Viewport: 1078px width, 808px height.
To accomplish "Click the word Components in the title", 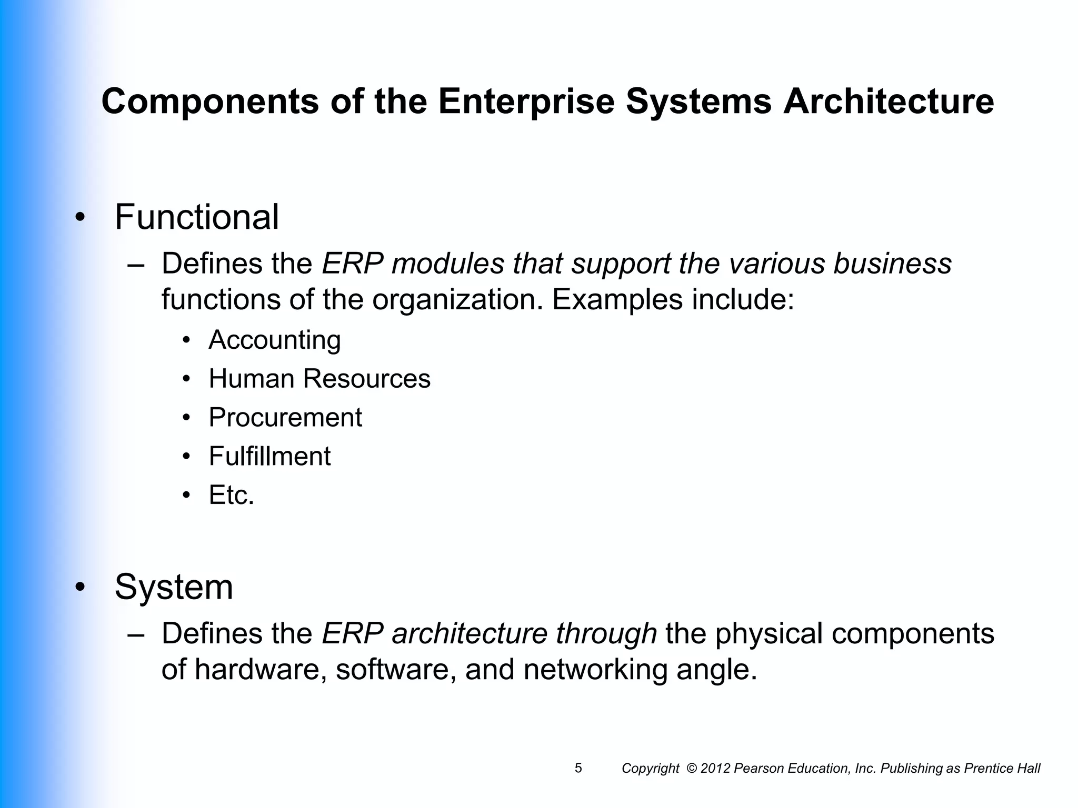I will (209, 102).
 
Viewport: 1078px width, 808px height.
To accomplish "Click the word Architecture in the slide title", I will (888, 102).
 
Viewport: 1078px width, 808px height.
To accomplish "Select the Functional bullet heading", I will (196, 217).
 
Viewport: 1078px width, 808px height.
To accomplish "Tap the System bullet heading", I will (174, 587).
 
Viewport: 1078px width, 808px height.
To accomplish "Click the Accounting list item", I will (274, 340).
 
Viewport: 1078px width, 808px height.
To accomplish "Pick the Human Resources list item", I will (319, 379).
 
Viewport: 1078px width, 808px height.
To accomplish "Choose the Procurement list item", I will (285, 418).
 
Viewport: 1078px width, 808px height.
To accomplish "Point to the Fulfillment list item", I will (269, 456).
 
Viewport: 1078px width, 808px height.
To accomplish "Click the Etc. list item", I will (231, 495).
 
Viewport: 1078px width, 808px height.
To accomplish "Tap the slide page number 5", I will (578, 768).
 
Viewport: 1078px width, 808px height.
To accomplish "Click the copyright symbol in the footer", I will (692, 769).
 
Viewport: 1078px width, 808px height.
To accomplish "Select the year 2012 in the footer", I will (715, 769).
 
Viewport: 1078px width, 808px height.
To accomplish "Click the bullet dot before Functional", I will (79, 218).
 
